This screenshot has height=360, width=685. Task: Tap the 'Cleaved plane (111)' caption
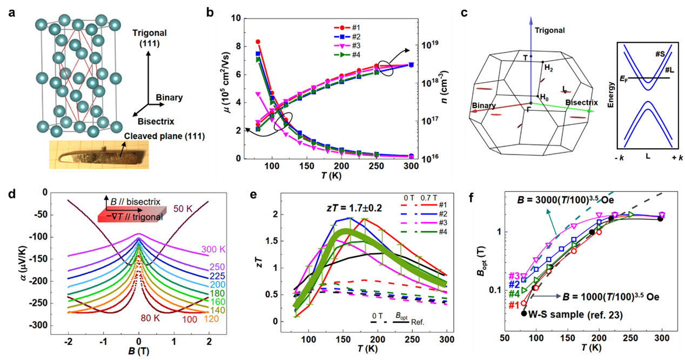162,136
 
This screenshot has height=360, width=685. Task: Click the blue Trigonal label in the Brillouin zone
549,31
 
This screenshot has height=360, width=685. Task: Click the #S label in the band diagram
660,55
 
